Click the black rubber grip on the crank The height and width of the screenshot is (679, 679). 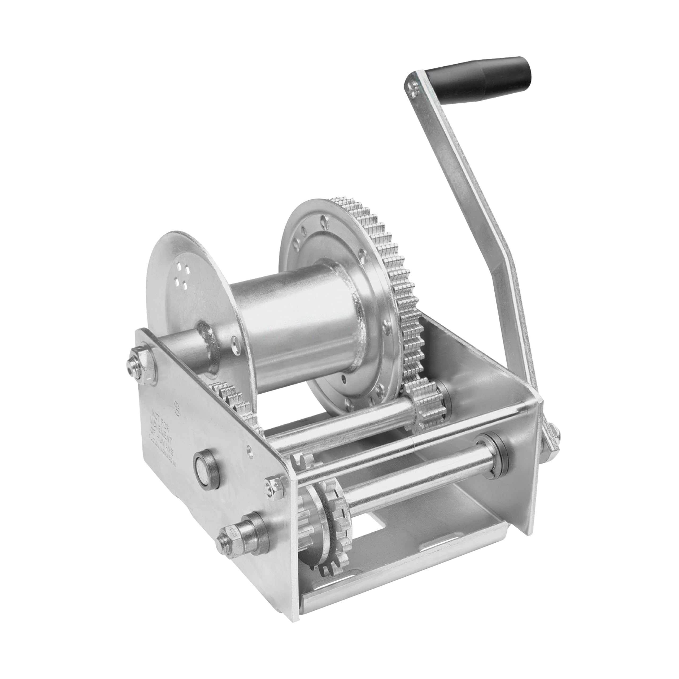(x=492, y=77)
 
